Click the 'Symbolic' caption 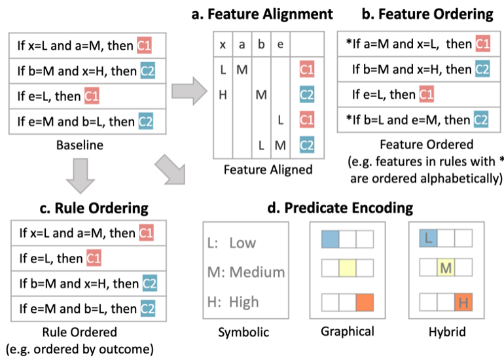[x=243, y=333]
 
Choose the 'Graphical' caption [x=348, y=332]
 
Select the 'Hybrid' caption [x=447, y=333]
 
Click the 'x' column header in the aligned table [x=223, y=45]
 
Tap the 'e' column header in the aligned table [x=280, y=45]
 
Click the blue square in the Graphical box [x=331, y=240]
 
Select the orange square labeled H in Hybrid [x=463, y=302]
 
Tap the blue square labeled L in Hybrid [x=429, y=240]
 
